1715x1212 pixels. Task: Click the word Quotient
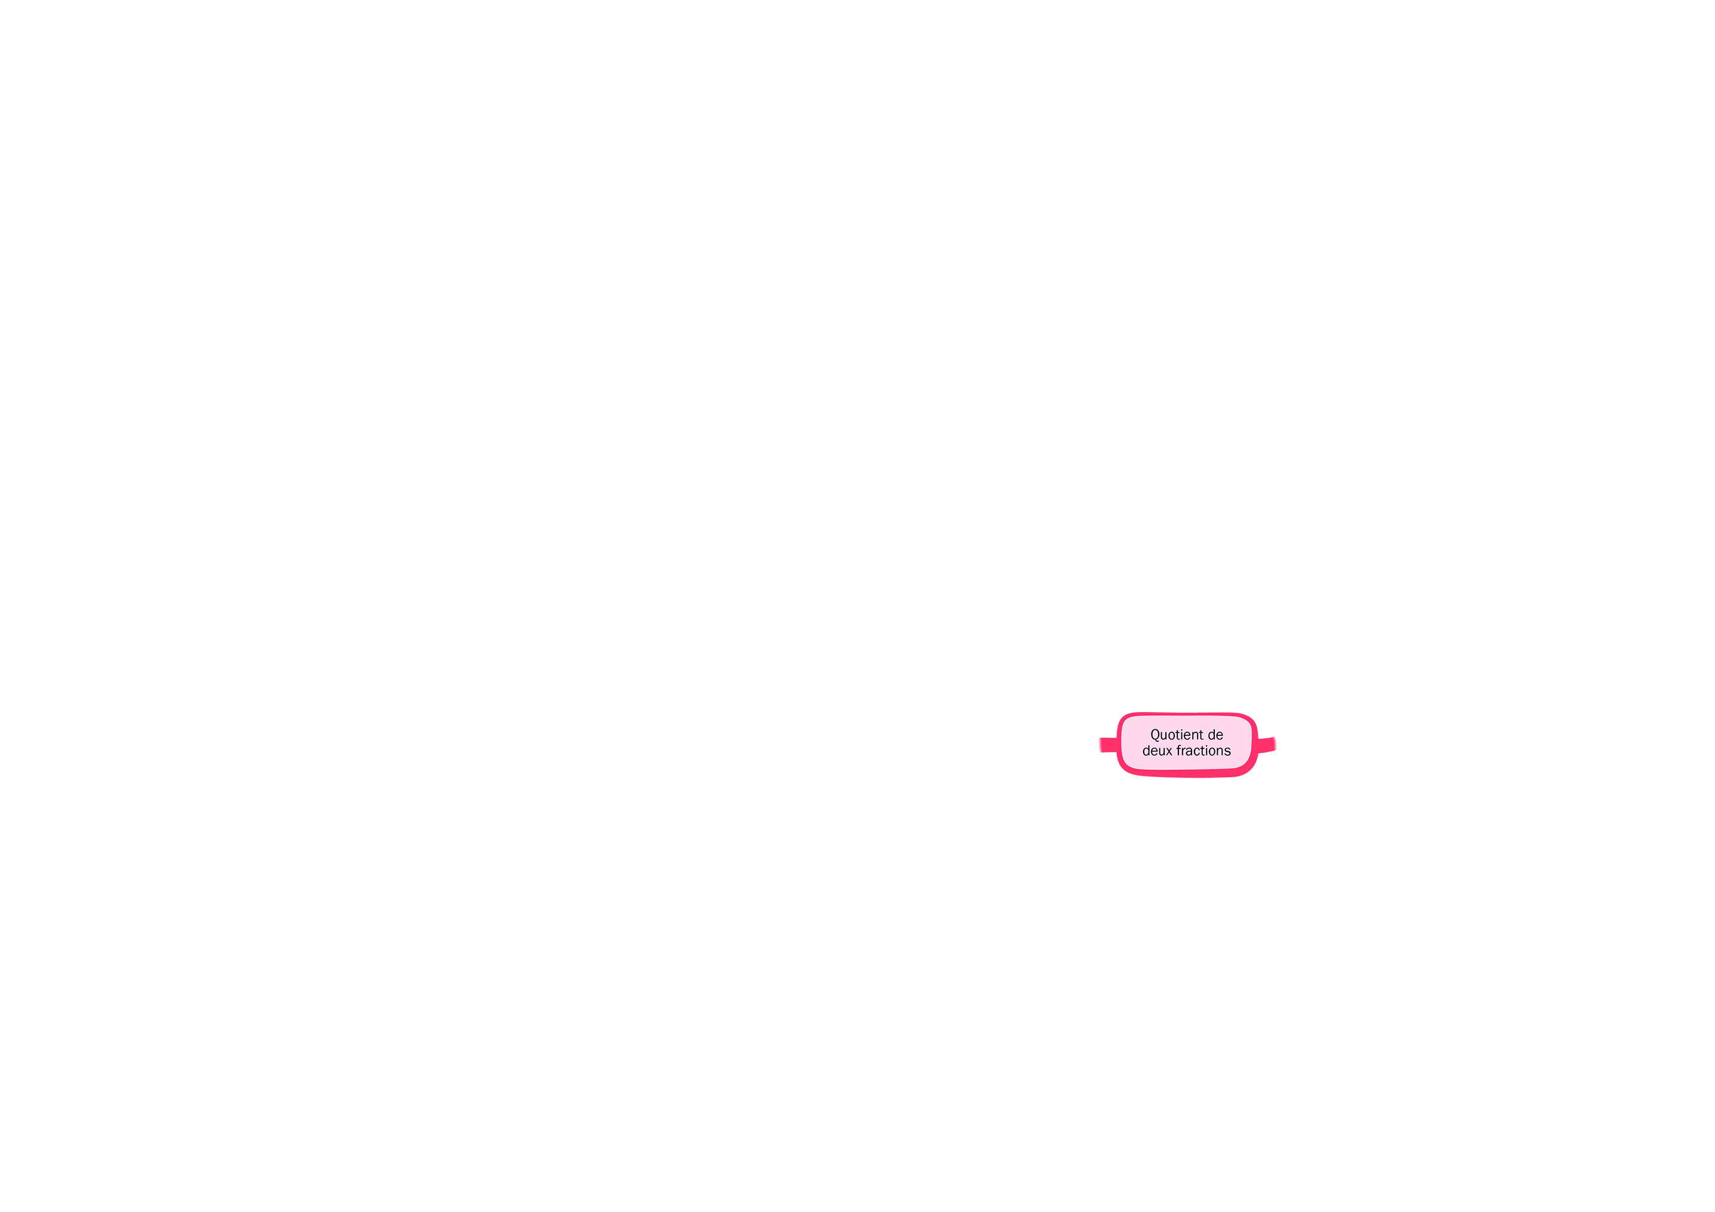(1177, 735)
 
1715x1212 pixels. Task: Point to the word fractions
(1203, 750)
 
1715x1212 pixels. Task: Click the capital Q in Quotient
(1156, 735)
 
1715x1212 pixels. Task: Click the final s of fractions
(1227, 752)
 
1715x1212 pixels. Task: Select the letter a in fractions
(1190, 752)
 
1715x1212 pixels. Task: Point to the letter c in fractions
(1198, 752)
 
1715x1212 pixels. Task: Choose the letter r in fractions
(1184, 752)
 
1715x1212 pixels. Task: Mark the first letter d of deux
(1146, 750)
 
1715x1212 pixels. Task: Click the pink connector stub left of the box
(1108, 744)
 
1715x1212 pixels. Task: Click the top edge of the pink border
(1188, 714)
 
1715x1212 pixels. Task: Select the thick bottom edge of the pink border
(1188, 774)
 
